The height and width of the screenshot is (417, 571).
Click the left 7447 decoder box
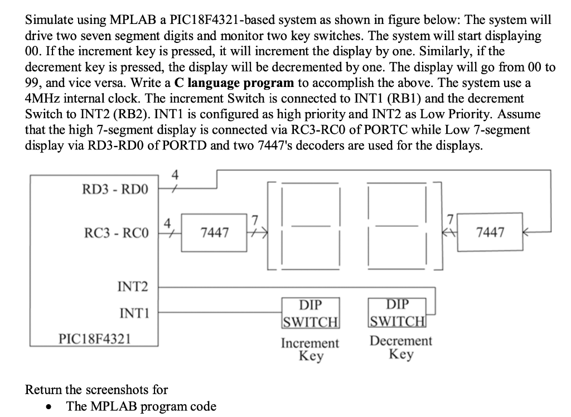click(x=214, y=232)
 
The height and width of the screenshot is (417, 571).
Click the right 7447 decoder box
click(x=490, y=232)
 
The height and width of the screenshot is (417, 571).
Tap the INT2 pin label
click(x=133, y=287)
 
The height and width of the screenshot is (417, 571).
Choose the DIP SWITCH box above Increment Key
click(x=311, y=314)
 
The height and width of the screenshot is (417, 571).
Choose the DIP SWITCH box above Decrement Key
click(x=397, y=313)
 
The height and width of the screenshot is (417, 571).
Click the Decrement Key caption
click(x=401, y=347)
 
